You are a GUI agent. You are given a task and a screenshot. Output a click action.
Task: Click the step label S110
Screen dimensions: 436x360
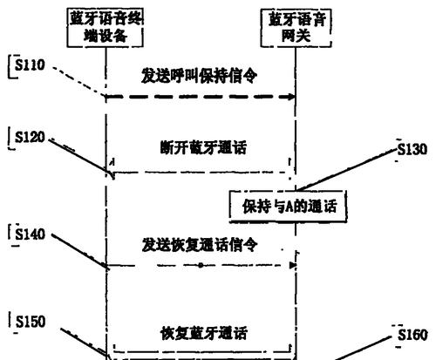coord(30,65)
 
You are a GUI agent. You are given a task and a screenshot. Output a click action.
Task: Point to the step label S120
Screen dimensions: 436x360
coord(30,137)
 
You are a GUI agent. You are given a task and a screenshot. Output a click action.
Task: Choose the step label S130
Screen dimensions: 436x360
coord(412,149)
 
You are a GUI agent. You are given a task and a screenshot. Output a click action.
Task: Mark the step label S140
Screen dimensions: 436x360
coord(31,234)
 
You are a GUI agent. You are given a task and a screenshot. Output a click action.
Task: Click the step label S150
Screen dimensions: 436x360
coord(31,322)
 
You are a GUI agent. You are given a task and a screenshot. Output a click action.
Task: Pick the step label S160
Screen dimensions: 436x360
coord(412,335)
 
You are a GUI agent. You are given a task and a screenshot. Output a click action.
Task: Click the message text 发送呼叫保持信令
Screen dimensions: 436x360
coord(199,76)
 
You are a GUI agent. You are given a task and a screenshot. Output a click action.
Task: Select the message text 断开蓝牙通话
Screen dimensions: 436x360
coord(203,147)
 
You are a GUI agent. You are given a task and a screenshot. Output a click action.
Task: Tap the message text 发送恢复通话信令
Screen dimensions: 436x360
coord(200,245)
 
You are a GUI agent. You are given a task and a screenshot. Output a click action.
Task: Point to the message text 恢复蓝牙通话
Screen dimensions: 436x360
coord(203,333)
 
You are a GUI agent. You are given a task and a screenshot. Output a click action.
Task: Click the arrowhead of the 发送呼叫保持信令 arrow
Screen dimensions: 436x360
coord(291,97)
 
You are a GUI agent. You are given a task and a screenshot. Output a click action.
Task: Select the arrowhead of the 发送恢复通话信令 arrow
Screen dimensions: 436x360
coord(292,265)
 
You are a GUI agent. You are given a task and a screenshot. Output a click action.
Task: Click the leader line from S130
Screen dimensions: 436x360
coord(346,170)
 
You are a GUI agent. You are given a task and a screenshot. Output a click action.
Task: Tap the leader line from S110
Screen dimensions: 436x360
coord(78,81)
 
